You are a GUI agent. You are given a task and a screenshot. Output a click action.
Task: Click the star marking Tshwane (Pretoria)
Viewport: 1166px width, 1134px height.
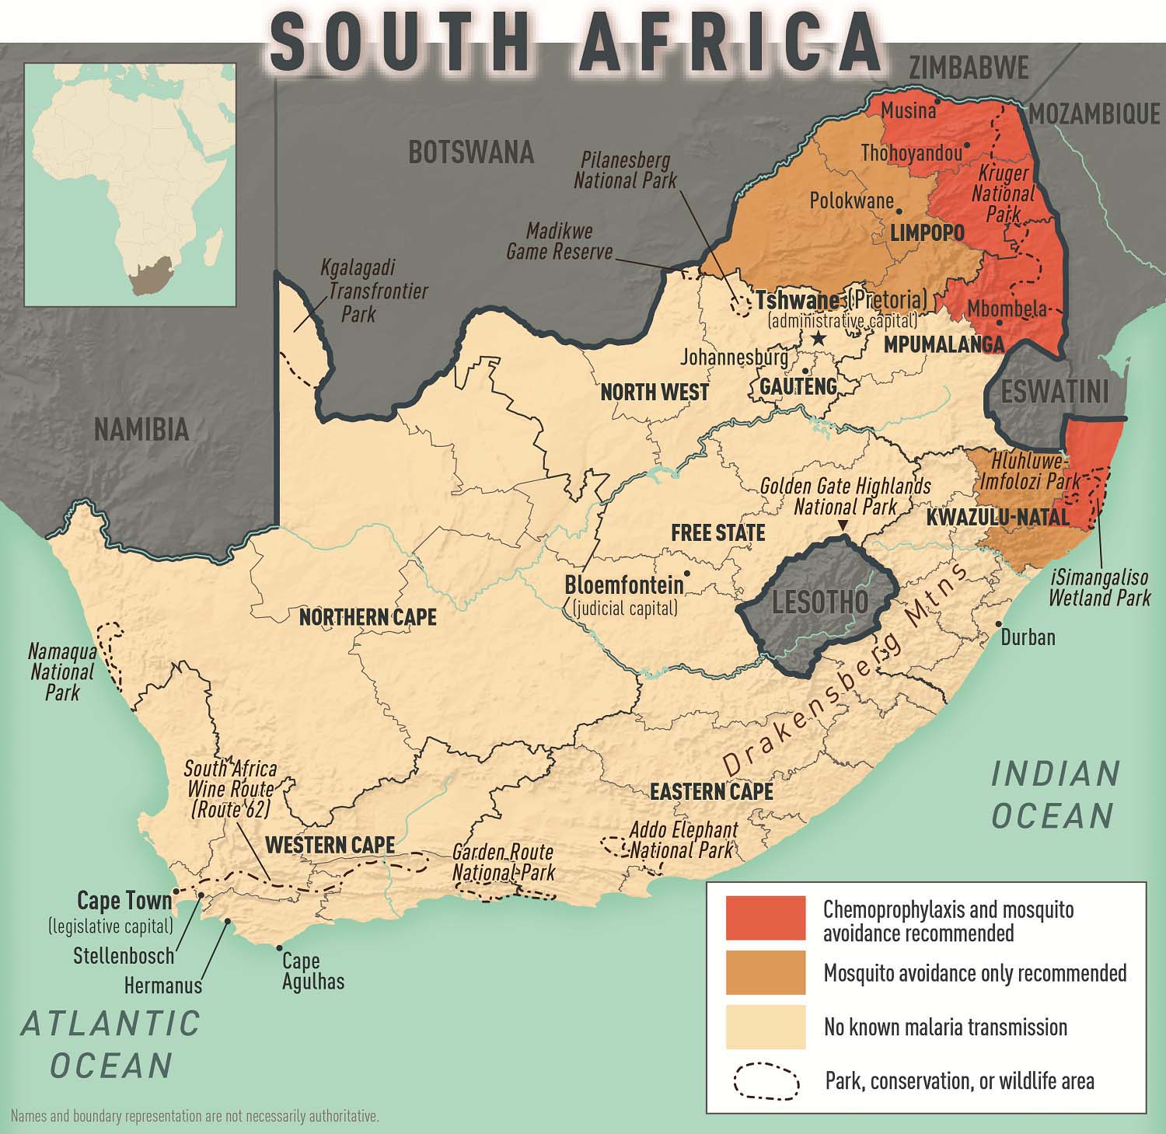coord(817,338)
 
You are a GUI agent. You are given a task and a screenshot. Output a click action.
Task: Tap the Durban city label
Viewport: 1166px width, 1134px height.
coord(1028,637)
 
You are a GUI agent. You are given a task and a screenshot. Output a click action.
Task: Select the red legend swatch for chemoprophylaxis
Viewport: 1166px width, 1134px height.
coord(765,917)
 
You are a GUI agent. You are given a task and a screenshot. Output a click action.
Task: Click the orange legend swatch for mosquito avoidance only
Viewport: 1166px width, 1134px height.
coord(765,972)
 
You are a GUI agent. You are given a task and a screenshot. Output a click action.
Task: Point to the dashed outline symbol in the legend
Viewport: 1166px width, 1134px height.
coord(765,1081)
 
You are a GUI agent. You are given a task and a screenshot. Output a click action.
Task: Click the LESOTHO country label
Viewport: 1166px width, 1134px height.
coord(820,602)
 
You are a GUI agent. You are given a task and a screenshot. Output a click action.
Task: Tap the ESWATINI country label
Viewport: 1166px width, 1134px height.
coord(1055,393)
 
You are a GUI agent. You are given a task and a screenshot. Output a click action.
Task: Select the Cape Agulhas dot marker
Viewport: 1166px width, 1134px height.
coord(280,947)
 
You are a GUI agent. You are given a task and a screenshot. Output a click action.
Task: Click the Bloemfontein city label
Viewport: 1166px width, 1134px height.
coord(624,584)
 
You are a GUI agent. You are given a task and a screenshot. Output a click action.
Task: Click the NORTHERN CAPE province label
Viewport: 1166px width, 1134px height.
coord(368,617)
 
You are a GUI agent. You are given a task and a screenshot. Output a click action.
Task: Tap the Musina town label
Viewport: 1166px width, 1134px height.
coord(908,111)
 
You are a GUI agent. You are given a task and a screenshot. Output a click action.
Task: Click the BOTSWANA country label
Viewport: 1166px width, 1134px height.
coord(471,152)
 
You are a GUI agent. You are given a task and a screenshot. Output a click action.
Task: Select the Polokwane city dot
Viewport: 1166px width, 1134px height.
coord(899,210)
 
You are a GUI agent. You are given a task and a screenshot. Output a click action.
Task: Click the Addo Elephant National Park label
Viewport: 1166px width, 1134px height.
coord(682,839)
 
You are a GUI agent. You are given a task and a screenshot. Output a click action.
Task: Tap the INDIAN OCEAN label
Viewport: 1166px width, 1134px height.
coord(1055,794)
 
